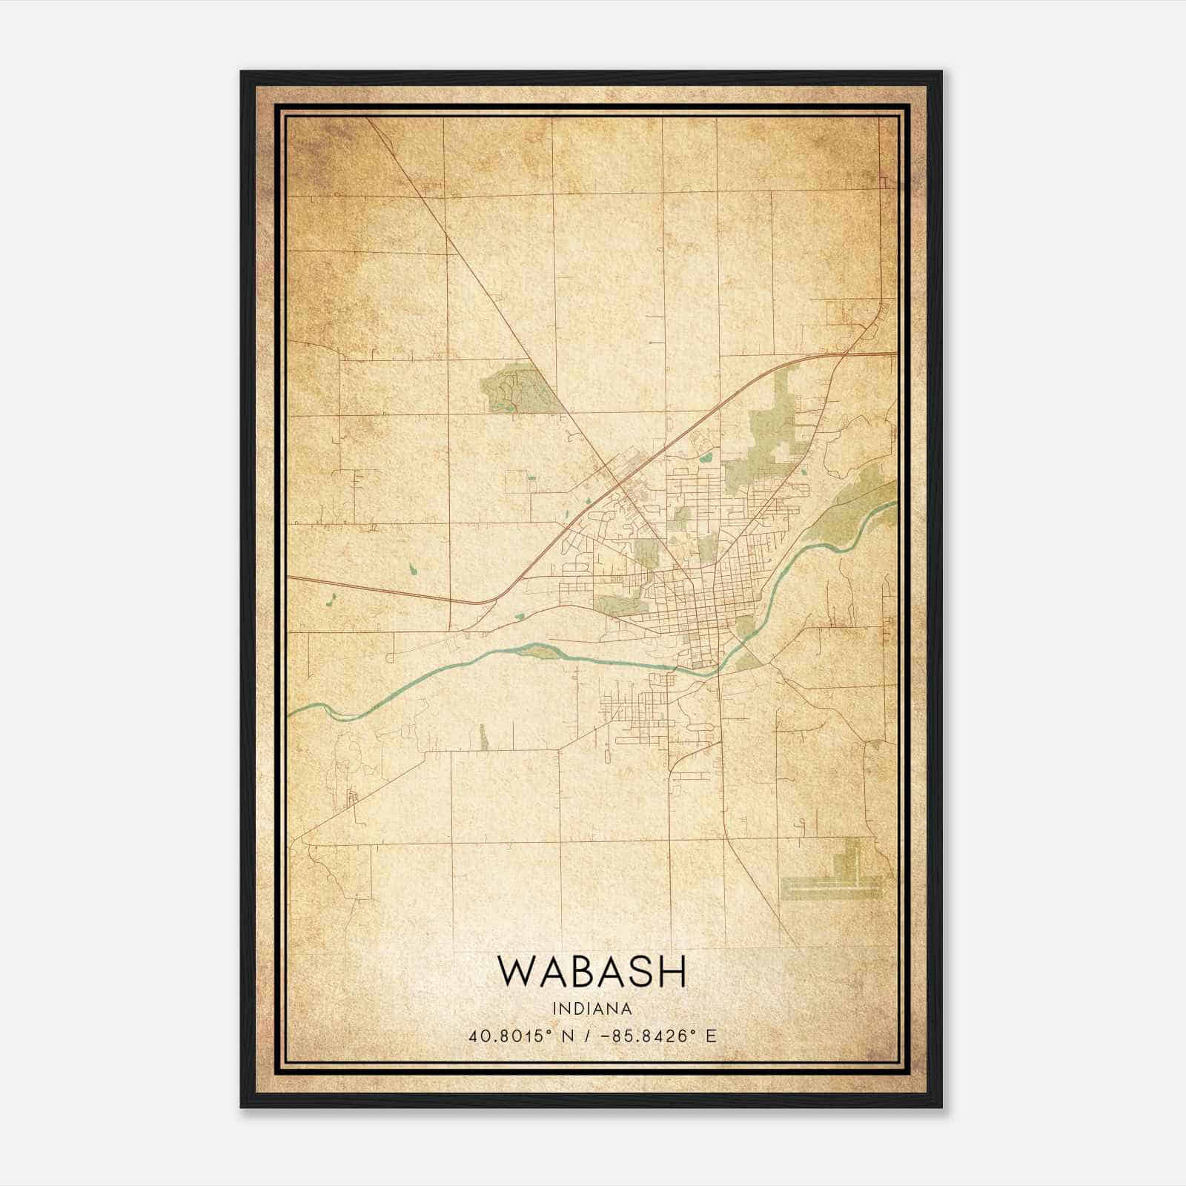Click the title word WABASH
[x=592, y=972]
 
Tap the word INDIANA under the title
[x=592, y=1009]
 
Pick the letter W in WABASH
[x=514, y=972]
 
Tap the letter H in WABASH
[x=672, y=972]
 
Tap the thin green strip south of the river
[x=484, y=737]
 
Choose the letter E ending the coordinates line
[x=712, y=1036]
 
